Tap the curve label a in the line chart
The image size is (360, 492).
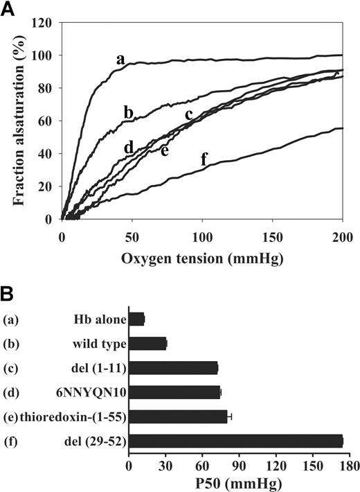[x=120, y=60]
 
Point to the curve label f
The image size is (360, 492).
[x=204, y=159]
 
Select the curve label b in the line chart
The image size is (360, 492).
[x=128, y=112]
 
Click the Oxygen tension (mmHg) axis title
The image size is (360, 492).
[x=202, y=257]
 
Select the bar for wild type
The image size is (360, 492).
[x=147, y=344]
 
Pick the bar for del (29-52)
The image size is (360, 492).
[x=235, y=441]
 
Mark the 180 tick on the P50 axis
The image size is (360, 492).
[x=350, y=463]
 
